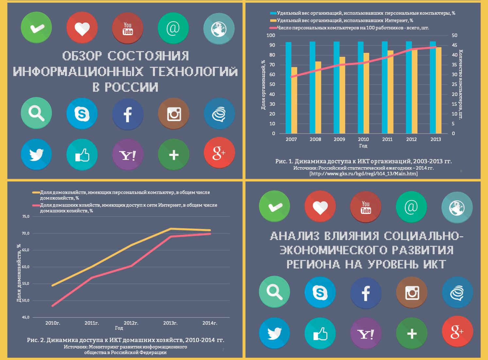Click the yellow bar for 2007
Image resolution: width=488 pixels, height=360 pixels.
coord(294,100)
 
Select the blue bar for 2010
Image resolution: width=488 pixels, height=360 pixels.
coord(361,87)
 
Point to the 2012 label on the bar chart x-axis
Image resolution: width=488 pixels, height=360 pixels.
coord(411,139)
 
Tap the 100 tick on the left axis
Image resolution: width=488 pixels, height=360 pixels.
coord(271,35)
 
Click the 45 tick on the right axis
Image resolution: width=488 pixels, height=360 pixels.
coord(454,45)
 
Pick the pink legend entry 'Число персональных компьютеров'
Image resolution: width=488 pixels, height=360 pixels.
coord(353,28)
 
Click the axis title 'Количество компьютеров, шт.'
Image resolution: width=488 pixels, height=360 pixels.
coord(461,84)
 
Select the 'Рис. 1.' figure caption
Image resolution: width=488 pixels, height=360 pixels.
coord(363,161)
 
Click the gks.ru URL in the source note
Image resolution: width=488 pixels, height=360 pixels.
coord(363,174)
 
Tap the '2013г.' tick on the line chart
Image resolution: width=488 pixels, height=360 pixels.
coord(170,323)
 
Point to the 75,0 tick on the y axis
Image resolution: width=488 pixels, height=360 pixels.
coord(25,216)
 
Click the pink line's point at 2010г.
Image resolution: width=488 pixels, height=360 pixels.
coord(53,305)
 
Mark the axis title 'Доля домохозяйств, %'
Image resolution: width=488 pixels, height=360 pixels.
coord(19,273)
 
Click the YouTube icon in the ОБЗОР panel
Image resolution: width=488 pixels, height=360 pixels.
coord(127,28)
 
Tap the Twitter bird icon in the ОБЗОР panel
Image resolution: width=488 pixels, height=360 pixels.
coord(36,154)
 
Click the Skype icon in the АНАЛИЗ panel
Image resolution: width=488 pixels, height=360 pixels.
coord(320,292)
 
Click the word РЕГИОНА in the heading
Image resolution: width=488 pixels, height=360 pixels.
coord(313,264)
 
